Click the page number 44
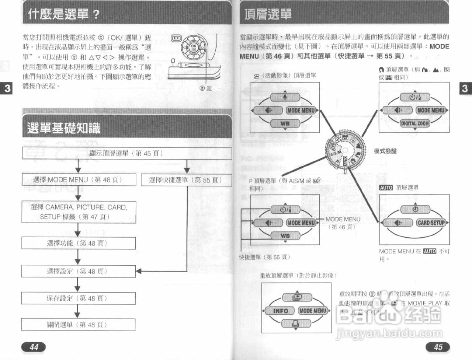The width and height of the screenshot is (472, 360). (x=34, y=347)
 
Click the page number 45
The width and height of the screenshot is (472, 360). (x=438, y=347)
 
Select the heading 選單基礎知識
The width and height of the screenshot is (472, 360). (x=63, y=128)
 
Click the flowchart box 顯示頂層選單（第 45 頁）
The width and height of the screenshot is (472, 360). (x=126, y=153)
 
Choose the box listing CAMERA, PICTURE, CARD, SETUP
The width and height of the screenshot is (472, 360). (x=79, y=212)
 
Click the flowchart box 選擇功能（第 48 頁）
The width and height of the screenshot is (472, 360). (x=78, y=243)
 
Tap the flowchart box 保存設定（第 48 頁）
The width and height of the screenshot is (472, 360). (x=78, y=298)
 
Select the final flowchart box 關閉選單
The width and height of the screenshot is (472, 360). (x=78, y=325)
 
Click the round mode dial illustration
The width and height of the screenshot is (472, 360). (x=344, y=151)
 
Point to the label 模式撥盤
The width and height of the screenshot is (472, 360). (x=385, y=151)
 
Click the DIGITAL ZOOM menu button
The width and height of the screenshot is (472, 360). (x=415, y=123)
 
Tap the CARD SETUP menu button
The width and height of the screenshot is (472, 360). (x=431, y=223)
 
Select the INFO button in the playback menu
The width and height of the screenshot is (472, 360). (x=280, y=311)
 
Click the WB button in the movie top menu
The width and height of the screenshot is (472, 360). (x=285, y=124)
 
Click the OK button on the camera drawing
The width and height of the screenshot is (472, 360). (x=194, y=47)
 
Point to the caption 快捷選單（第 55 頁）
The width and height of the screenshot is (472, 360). (x=264, y=257)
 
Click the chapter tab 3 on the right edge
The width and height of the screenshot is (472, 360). (x=465, y=88)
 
